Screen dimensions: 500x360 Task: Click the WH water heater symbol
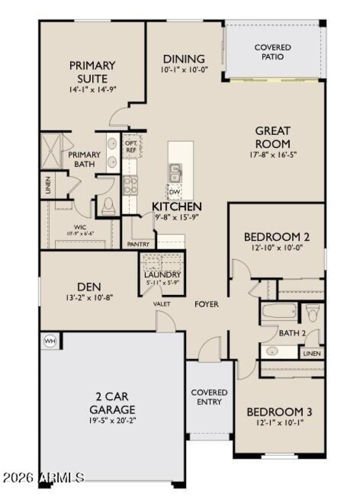[49, 341]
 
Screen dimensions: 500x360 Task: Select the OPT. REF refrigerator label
[131, 147]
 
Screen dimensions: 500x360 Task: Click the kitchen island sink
[175, 173]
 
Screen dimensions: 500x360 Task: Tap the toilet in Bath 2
[312, 312]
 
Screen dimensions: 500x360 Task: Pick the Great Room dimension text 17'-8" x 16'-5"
[273, 154]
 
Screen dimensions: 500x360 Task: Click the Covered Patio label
[273, 52]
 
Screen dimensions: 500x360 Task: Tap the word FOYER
[207, 304]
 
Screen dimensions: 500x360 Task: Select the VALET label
[162, 304]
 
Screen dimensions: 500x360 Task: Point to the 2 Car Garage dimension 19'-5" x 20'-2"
[112, 421]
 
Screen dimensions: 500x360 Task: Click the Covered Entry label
[209, 397]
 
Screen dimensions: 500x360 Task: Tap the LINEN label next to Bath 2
[312, 353]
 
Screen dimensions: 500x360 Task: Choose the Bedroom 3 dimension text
[279, 423]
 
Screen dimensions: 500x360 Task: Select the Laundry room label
[162, 275]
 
